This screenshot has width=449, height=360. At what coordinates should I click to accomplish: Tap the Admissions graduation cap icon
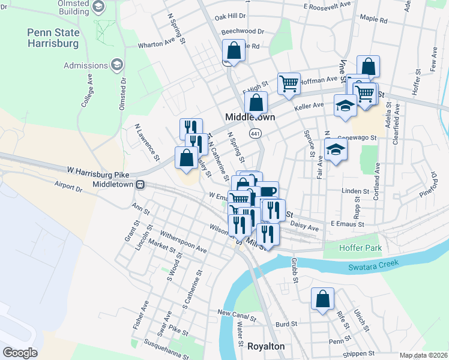click(x=117, y=64)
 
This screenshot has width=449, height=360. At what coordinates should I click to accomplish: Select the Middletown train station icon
click(x=140, y=184)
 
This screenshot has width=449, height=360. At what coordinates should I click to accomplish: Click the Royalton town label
click(x=266, y=347)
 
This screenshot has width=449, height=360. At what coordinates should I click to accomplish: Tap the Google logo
click(x=20, y=352)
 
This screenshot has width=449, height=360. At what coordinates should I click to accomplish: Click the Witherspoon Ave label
click(x=183, y=242)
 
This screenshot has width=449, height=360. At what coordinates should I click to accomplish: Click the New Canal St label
click(x=237, y=313)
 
